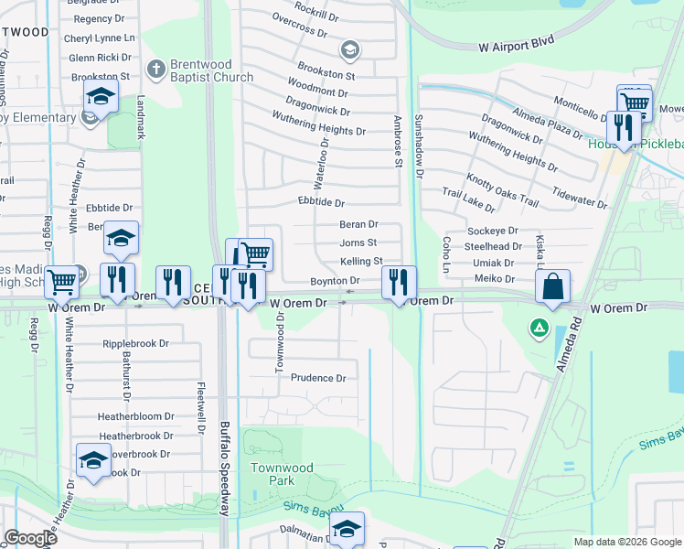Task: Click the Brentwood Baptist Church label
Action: (210, 71)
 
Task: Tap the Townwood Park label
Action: (282, 474)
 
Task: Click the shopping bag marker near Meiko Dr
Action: (553, 286)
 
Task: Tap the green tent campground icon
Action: (540, 327)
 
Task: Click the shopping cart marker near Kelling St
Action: (256, 253)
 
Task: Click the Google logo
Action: (31, 538)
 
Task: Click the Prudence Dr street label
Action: (318, 378)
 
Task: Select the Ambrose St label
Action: (398, 143)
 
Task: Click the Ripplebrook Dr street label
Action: (136, 344)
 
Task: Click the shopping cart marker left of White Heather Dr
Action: (62, 282)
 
